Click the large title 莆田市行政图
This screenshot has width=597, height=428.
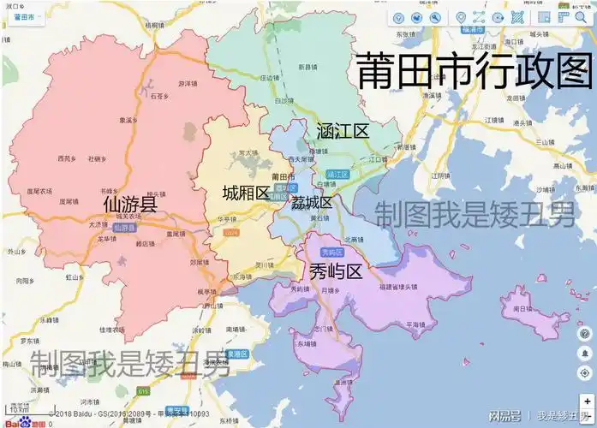pos(474,70)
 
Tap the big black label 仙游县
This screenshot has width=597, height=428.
pos(129,205)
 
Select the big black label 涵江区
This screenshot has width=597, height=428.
pos(342,131)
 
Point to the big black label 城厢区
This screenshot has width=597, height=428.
pos(246,193)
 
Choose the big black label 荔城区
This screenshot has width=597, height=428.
pos(312,203)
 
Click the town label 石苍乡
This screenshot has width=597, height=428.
pos(159,97)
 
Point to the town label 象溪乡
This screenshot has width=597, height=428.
pos(128,120)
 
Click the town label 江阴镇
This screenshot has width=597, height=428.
pos(441,175)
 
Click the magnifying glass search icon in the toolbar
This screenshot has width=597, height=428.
pos(435,17)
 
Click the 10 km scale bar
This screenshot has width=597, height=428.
pos(19,410)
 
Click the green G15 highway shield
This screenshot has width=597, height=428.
pos(142,391)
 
